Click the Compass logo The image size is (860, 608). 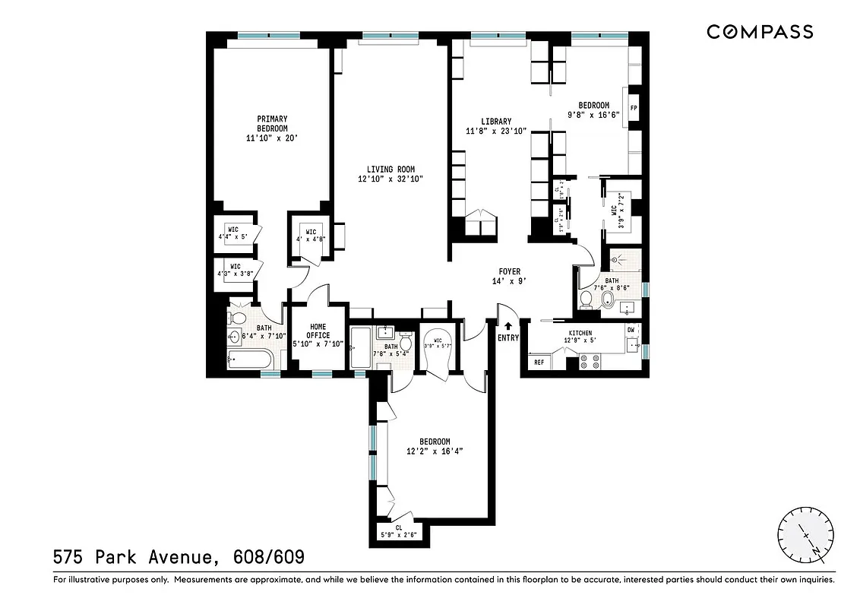click(760, 32)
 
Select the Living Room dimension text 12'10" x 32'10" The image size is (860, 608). click(390, 179)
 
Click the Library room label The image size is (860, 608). click(496, 122)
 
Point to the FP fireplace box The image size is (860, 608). click(633, 108)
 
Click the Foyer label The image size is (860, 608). click(509, 271)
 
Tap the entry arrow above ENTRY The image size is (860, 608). click(508, 326)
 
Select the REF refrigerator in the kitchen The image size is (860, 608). click(539, 363)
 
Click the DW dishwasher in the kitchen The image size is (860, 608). click(631, 330)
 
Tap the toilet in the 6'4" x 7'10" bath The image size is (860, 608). click(236, 318)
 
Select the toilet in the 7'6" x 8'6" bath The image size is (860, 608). click(587, 301)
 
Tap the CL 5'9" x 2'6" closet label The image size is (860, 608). click(398, 530)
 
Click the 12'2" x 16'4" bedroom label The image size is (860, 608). click(435, 446)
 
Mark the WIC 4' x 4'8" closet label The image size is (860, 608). click(311, 236)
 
